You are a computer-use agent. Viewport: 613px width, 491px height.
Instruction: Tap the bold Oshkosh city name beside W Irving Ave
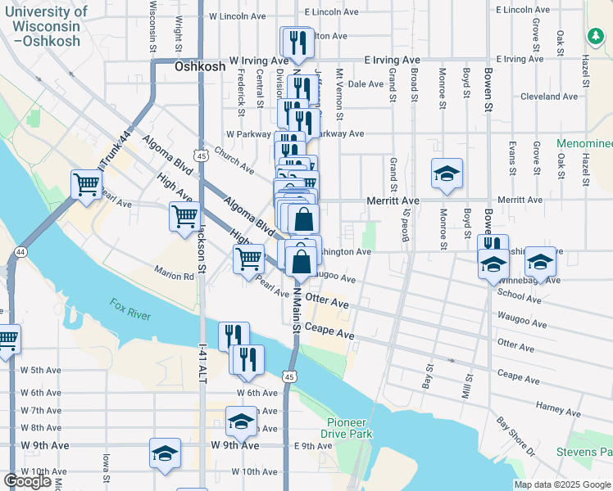200,66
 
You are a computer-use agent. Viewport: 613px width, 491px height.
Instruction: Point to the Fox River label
131,309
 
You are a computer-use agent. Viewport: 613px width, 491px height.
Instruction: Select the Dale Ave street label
366,83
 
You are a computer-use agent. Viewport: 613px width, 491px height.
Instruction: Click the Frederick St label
241,92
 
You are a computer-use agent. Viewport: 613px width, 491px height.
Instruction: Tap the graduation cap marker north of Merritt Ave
447,174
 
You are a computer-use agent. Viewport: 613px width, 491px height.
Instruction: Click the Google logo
27,481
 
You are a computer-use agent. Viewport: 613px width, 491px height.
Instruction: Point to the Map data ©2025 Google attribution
561,484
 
